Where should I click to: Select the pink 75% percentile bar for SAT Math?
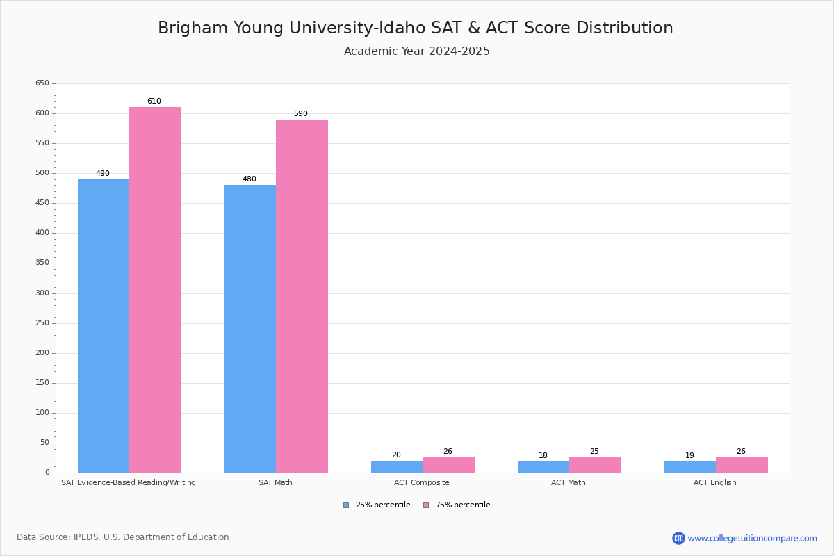[x=302, y=296]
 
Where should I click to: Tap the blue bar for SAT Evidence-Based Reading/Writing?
[x=104, y=326]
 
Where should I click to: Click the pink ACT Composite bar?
[x=448, y=465]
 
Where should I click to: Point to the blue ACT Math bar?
[x=543, y=467]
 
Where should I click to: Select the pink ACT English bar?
[x=742, y=465]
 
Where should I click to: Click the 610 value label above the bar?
[x=154, y=101]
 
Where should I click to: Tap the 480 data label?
[x=250, y=179]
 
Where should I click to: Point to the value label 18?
[x=543, y=456]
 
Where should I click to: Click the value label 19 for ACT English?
[x=690, y=456]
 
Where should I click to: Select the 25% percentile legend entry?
[x=377, y=505]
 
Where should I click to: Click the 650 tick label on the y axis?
[x=42, y=83]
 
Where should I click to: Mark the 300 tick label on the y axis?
[x=42, y=293]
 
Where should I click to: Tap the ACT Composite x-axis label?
[x=422, y=482]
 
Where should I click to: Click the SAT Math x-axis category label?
[x=275, y=482]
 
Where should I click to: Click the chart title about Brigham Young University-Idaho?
[x=416, y=28]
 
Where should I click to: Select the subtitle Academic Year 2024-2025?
[x=417, y=51]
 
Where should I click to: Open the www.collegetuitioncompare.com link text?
[x=752, y=538]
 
